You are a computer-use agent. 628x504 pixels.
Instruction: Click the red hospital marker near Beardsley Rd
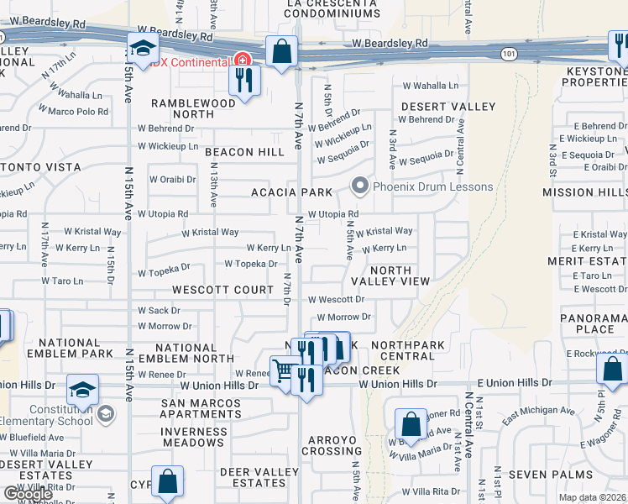243,60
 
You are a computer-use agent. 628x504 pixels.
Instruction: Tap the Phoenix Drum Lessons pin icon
361,186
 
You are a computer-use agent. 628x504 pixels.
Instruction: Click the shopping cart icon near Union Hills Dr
283,369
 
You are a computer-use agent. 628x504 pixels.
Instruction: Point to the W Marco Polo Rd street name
74,111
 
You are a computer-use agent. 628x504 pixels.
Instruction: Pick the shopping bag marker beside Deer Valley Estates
168,481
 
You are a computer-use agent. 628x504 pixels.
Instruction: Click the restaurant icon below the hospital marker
245,81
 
